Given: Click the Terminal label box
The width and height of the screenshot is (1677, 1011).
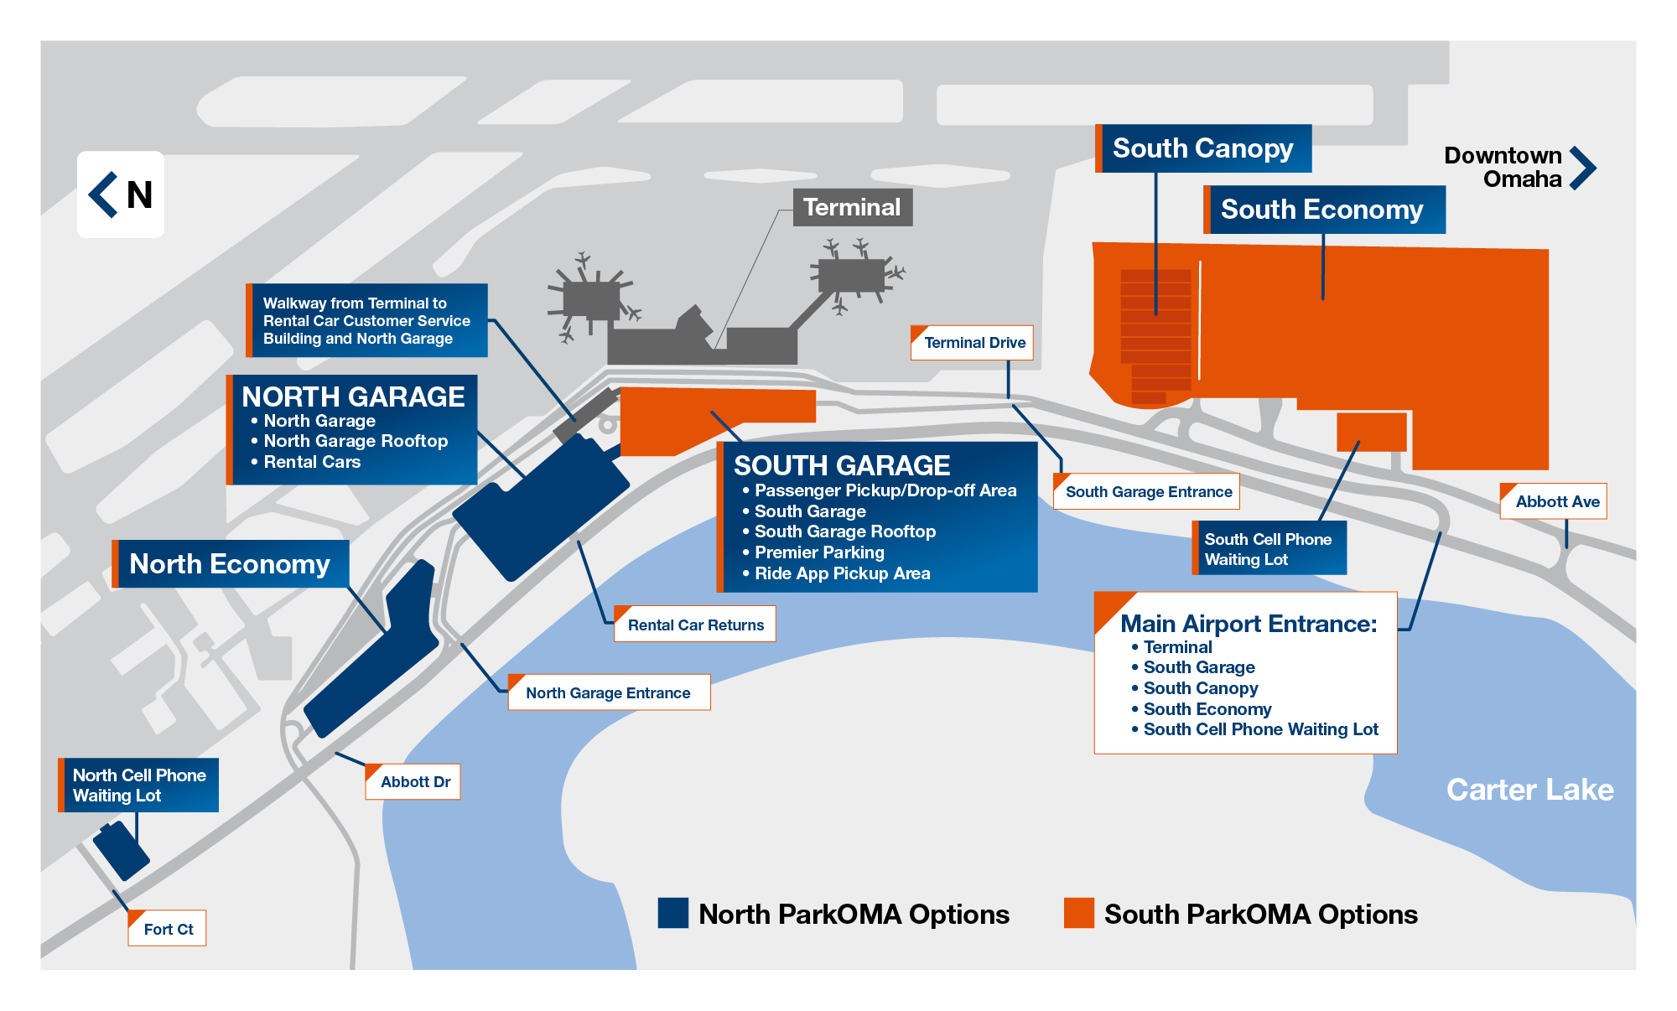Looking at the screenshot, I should click(x=852, y=207).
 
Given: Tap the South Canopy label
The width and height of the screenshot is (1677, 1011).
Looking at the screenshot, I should click(x=1203, y=148).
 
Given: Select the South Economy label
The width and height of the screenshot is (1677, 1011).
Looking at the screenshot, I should click(x=1323, y=210).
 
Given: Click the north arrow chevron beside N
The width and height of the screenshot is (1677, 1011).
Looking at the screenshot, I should click(x=103, y=194).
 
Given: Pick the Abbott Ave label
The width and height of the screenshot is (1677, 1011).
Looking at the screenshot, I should click(x=1555, y=501).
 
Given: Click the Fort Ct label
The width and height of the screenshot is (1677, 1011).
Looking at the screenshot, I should click(x=168, y=929).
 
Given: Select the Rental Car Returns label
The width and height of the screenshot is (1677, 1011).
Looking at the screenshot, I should click(x=695, y=625).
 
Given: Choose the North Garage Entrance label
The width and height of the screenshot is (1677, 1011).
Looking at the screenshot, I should click(x=609, y=693).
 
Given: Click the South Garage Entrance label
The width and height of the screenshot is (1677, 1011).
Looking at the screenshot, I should click(x=1147, y=492).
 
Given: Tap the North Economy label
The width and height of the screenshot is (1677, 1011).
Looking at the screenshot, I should click(x=231, y=564).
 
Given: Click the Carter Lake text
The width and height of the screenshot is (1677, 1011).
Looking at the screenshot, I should click(x=1529, y=790).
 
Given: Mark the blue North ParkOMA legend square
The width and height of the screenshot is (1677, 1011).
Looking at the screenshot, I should click(x=672, y=913).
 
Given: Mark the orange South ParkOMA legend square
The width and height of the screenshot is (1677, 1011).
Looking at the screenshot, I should click(x=1078, y=913).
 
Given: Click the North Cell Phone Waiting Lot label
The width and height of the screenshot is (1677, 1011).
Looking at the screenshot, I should click(x=139, y=785).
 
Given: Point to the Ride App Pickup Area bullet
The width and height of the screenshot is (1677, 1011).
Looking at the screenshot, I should click(x=842, y=573).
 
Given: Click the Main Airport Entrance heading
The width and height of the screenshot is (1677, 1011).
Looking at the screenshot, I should click(x=1248, y=624).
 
